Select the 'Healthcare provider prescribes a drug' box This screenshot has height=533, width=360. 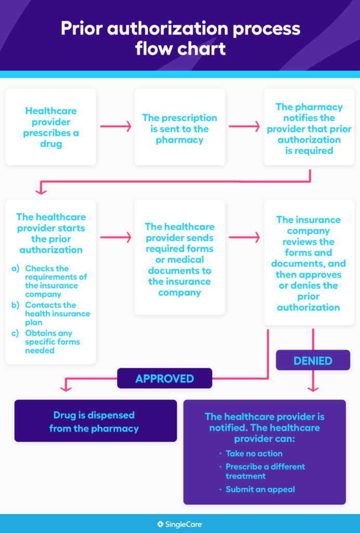point(50,127)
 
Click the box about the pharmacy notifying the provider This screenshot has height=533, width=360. point(309,129)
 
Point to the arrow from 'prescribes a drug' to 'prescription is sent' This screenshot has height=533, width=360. point(115,126)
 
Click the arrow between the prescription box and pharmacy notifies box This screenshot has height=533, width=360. point(244,126)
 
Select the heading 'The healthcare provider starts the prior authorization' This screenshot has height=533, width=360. point(51,233)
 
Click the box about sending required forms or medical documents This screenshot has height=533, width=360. point(179,259)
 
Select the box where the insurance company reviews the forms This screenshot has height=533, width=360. point(309,263)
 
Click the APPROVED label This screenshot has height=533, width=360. point(164,378)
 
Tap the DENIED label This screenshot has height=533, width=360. point(313,360)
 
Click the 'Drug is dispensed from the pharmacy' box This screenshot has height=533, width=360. point(95,422)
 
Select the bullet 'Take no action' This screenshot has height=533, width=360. point(254,453)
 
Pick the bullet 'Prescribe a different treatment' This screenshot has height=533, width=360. point(265,471)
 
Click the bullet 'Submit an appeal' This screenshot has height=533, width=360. point(260,489)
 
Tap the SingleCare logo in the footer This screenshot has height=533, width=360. point(180,524)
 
